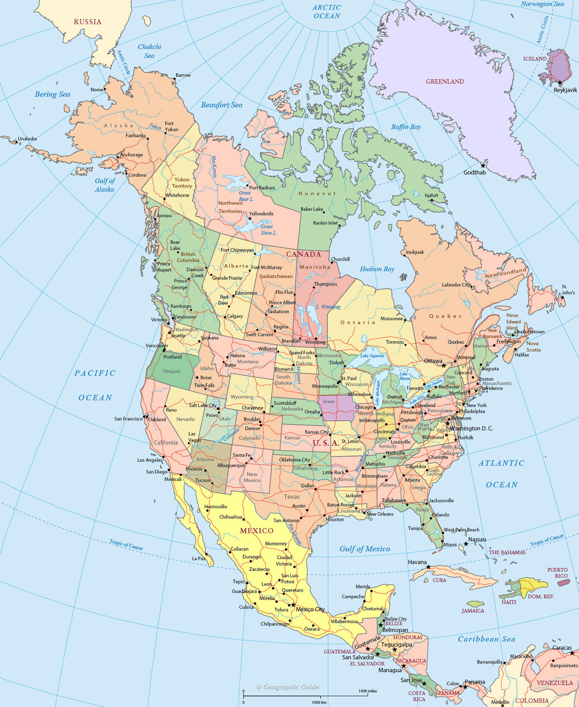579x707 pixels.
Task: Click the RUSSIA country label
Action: [87, 22]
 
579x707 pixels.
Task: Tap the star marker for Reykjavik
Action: [560, 82]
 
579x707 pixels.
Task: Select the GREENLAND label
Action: [445, 81]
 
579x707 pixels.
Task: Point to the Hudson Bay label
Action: [377, 269]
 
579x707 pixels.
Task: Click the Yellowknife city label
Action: [261, 214]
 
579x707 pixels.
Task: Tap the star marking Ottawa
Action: [443, 365]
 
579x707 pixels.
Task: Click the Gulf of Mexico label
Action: [365, 549]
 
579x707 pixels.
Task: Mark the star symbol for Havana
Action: [429, 567]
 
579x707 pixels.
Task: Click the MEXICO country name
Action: [256, 531]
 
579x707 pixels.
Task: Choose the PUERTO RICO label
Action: [557, 573]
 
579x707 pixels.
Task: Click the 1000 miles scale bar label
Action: [367, 691]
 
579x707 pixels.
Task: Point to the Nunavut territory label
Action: [317, 193]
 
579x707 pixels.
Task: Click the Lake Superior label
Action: [372, 356]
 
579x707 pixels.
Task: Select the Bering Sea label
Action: [52, 94]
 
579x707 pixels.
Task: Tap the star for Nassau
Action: [466, 544]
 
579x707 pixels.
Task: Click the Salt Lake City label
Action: [203, 405]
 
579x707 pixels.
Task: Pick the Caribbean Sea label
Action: [486, 639]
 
